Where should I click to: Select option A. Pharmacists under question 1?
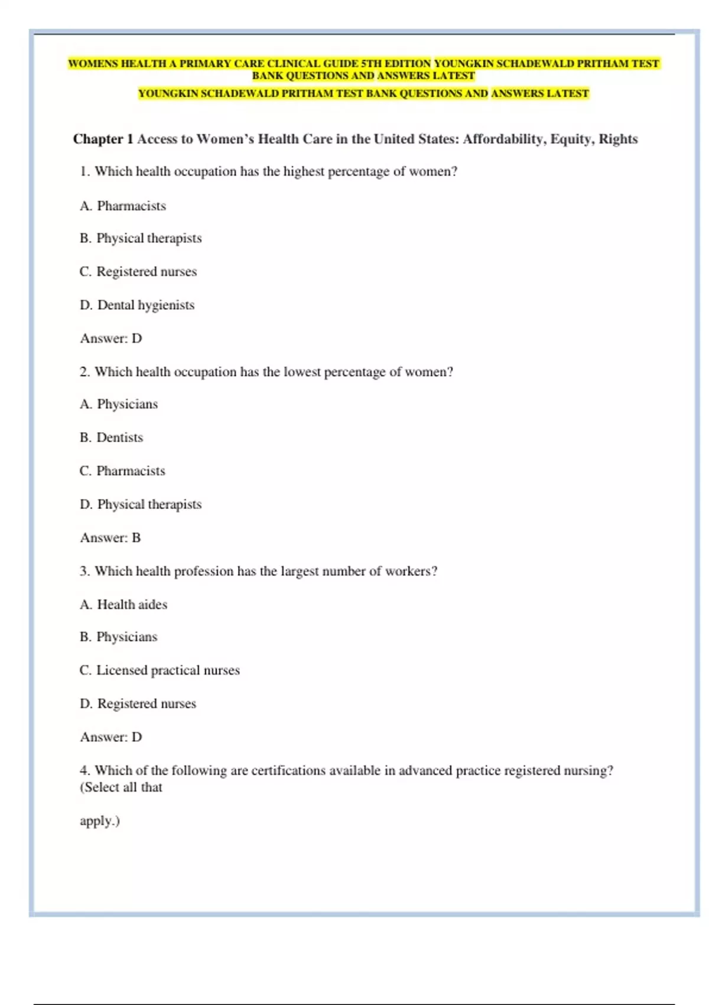[123, 206]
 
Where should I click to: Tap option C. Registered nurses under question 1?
[138, 271]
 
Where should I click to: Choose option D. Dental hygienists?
[137, 305]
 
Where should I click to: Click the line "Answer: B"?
[110, 537]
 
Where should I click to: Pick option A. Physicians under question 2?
[119, 404]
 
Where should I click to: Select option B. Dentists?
[112, 437]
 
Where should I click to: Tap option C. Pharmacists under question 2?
[122, 471]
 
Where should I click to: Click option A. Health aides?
[123, 604]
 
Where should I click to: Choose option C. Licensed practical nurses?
[160, 670]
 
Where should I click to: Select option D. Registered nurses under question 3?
[138, 703]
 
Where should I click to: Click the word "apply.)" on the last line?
[100, 821]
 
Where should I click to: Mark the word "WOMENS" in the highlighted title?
[93, 63]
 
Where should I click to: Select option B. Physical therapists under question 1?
[141, 238]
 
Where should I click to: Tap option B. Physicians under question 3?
[119, 637]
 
